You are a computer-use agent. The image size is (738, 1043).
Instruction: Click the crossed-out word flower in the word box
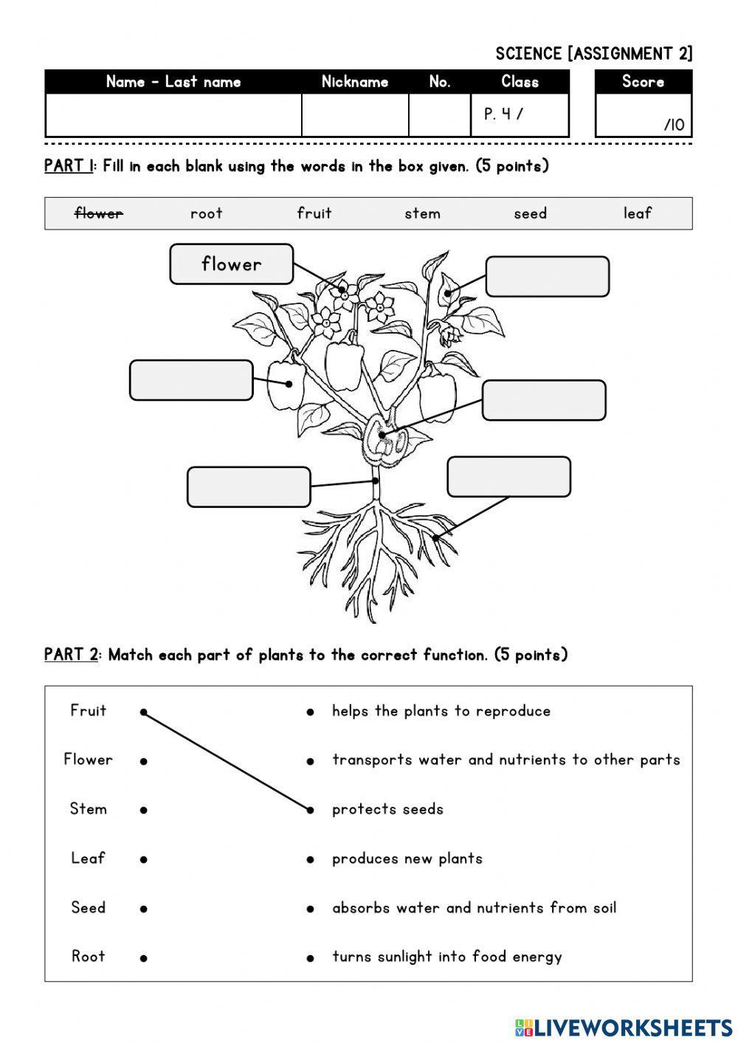99,213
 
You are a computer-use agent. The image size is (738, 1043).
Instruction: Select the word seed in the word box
530,213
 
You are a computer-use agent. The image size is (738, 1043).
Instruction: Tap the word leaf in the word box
637,213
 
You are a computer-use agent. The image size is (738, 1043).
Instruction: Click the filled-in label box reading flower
231,264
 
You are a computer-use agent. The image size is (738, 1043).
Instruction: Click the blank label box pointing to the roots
508,477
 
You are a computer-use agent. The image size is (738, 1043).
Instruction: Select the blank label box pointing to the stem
248,487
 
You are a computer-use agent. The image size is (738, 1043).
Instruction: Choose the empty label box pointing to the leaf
547,277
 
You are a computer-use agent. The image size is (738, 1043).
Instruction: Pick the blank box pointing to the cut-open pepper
543,400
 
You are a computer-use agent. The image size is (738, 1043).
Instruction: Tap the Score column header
643,82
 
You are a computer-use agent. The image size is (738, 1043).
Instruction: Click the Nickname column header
355,82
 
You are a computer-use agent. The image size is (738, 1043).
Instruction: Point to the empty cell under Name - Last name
173,115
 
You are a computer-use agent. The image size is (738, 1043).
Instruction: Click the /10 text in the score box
674,125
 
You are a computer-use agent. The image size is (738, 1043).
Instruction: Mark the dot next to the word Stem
144,810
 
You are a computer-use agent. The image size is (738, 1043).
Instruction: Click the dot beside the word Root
144,958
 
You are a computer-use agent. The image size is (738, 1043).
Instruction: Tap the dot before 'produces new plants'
311,859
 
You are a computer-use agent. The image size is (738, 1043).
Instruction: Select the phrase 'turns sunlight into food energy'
446,957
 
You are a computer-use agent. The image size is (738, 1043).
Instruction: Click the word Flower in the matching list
88,760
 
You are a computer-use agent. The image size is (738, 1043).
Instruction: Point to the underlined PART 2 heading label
71,655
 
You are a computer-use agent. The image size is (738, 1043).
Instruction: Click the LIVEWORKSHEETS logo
624,1027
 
